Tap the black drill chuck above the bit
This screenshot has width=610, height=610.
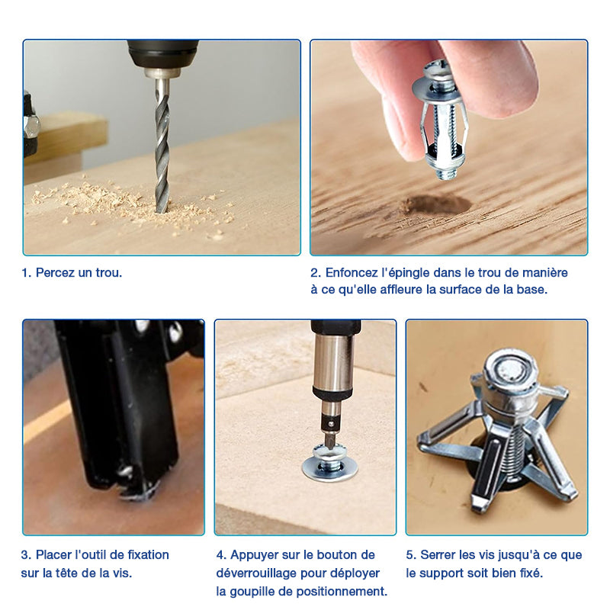162,53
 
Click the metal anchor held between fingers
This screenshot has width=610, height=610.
439,120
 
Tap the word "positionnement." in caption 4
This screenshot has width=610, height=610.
342,592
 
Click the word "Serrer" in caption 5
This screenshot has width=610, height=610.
438,555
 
